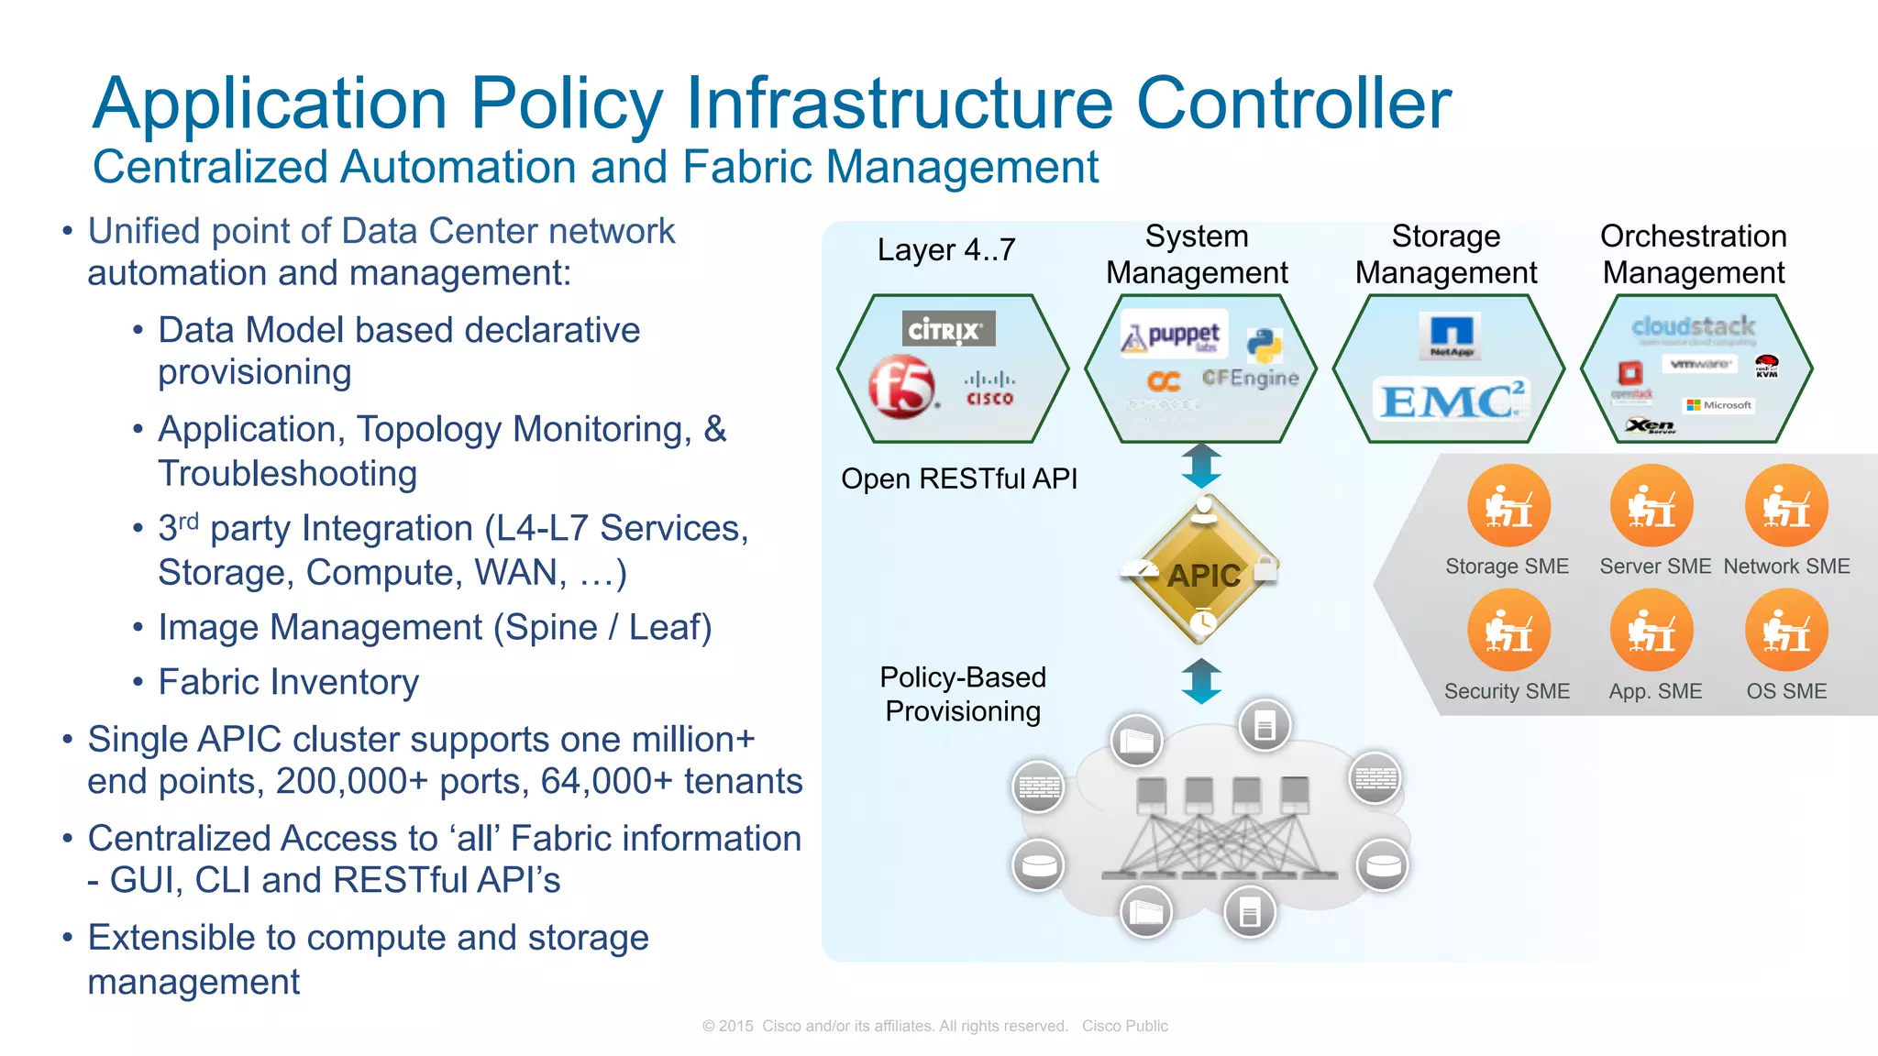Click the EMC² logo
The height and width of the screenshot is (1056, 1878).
pyautogui.click(x=1449, y=401)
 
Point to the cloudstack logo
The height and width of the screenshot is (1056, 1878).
pyautogui.click(x=1693, y=327)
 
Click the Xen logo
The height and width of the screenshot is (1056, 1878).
pyautogui.click(x=1650, y=425)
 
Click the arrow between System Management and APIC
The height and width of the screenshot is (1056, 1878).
pyautogui.click(x=1201, y=466)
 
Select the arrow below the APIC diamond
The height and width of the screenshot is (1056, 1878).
pyautogui.click(x=1201, y=681)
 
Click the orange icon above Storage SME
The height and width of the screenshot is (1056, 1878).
pyautogui.click(x=1508, y=506)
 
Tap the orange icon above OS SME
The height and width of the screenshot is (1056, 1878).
pyautogui.click(x=1786, y=631)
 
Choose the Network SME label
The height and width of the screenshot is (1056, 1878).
pyautogui.click(x=1786, y=566)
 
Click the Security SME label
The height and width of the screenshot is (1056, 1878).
pyautogui.click(x=1507, y=691)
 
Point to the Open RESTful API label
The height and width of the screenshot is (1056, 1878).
pyautogui.click(x=959, y=478)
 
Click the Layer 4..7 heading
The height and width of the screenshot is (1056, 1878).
pyautogui.click(x=946, y=249)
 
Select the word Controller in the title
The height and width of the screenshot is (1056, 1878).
pyautogui.click(x=1294, y=103)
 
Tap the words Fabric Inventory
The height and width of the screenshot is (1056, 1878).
pyautogui.click(x=288, y=682)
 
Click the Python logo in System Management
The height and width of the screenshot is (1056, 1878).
pyautogui.click(x=1265, y=346)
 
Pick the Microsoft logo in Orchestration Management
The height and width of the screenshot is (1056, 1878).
pyautogui.click(x=1719, y=405)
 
